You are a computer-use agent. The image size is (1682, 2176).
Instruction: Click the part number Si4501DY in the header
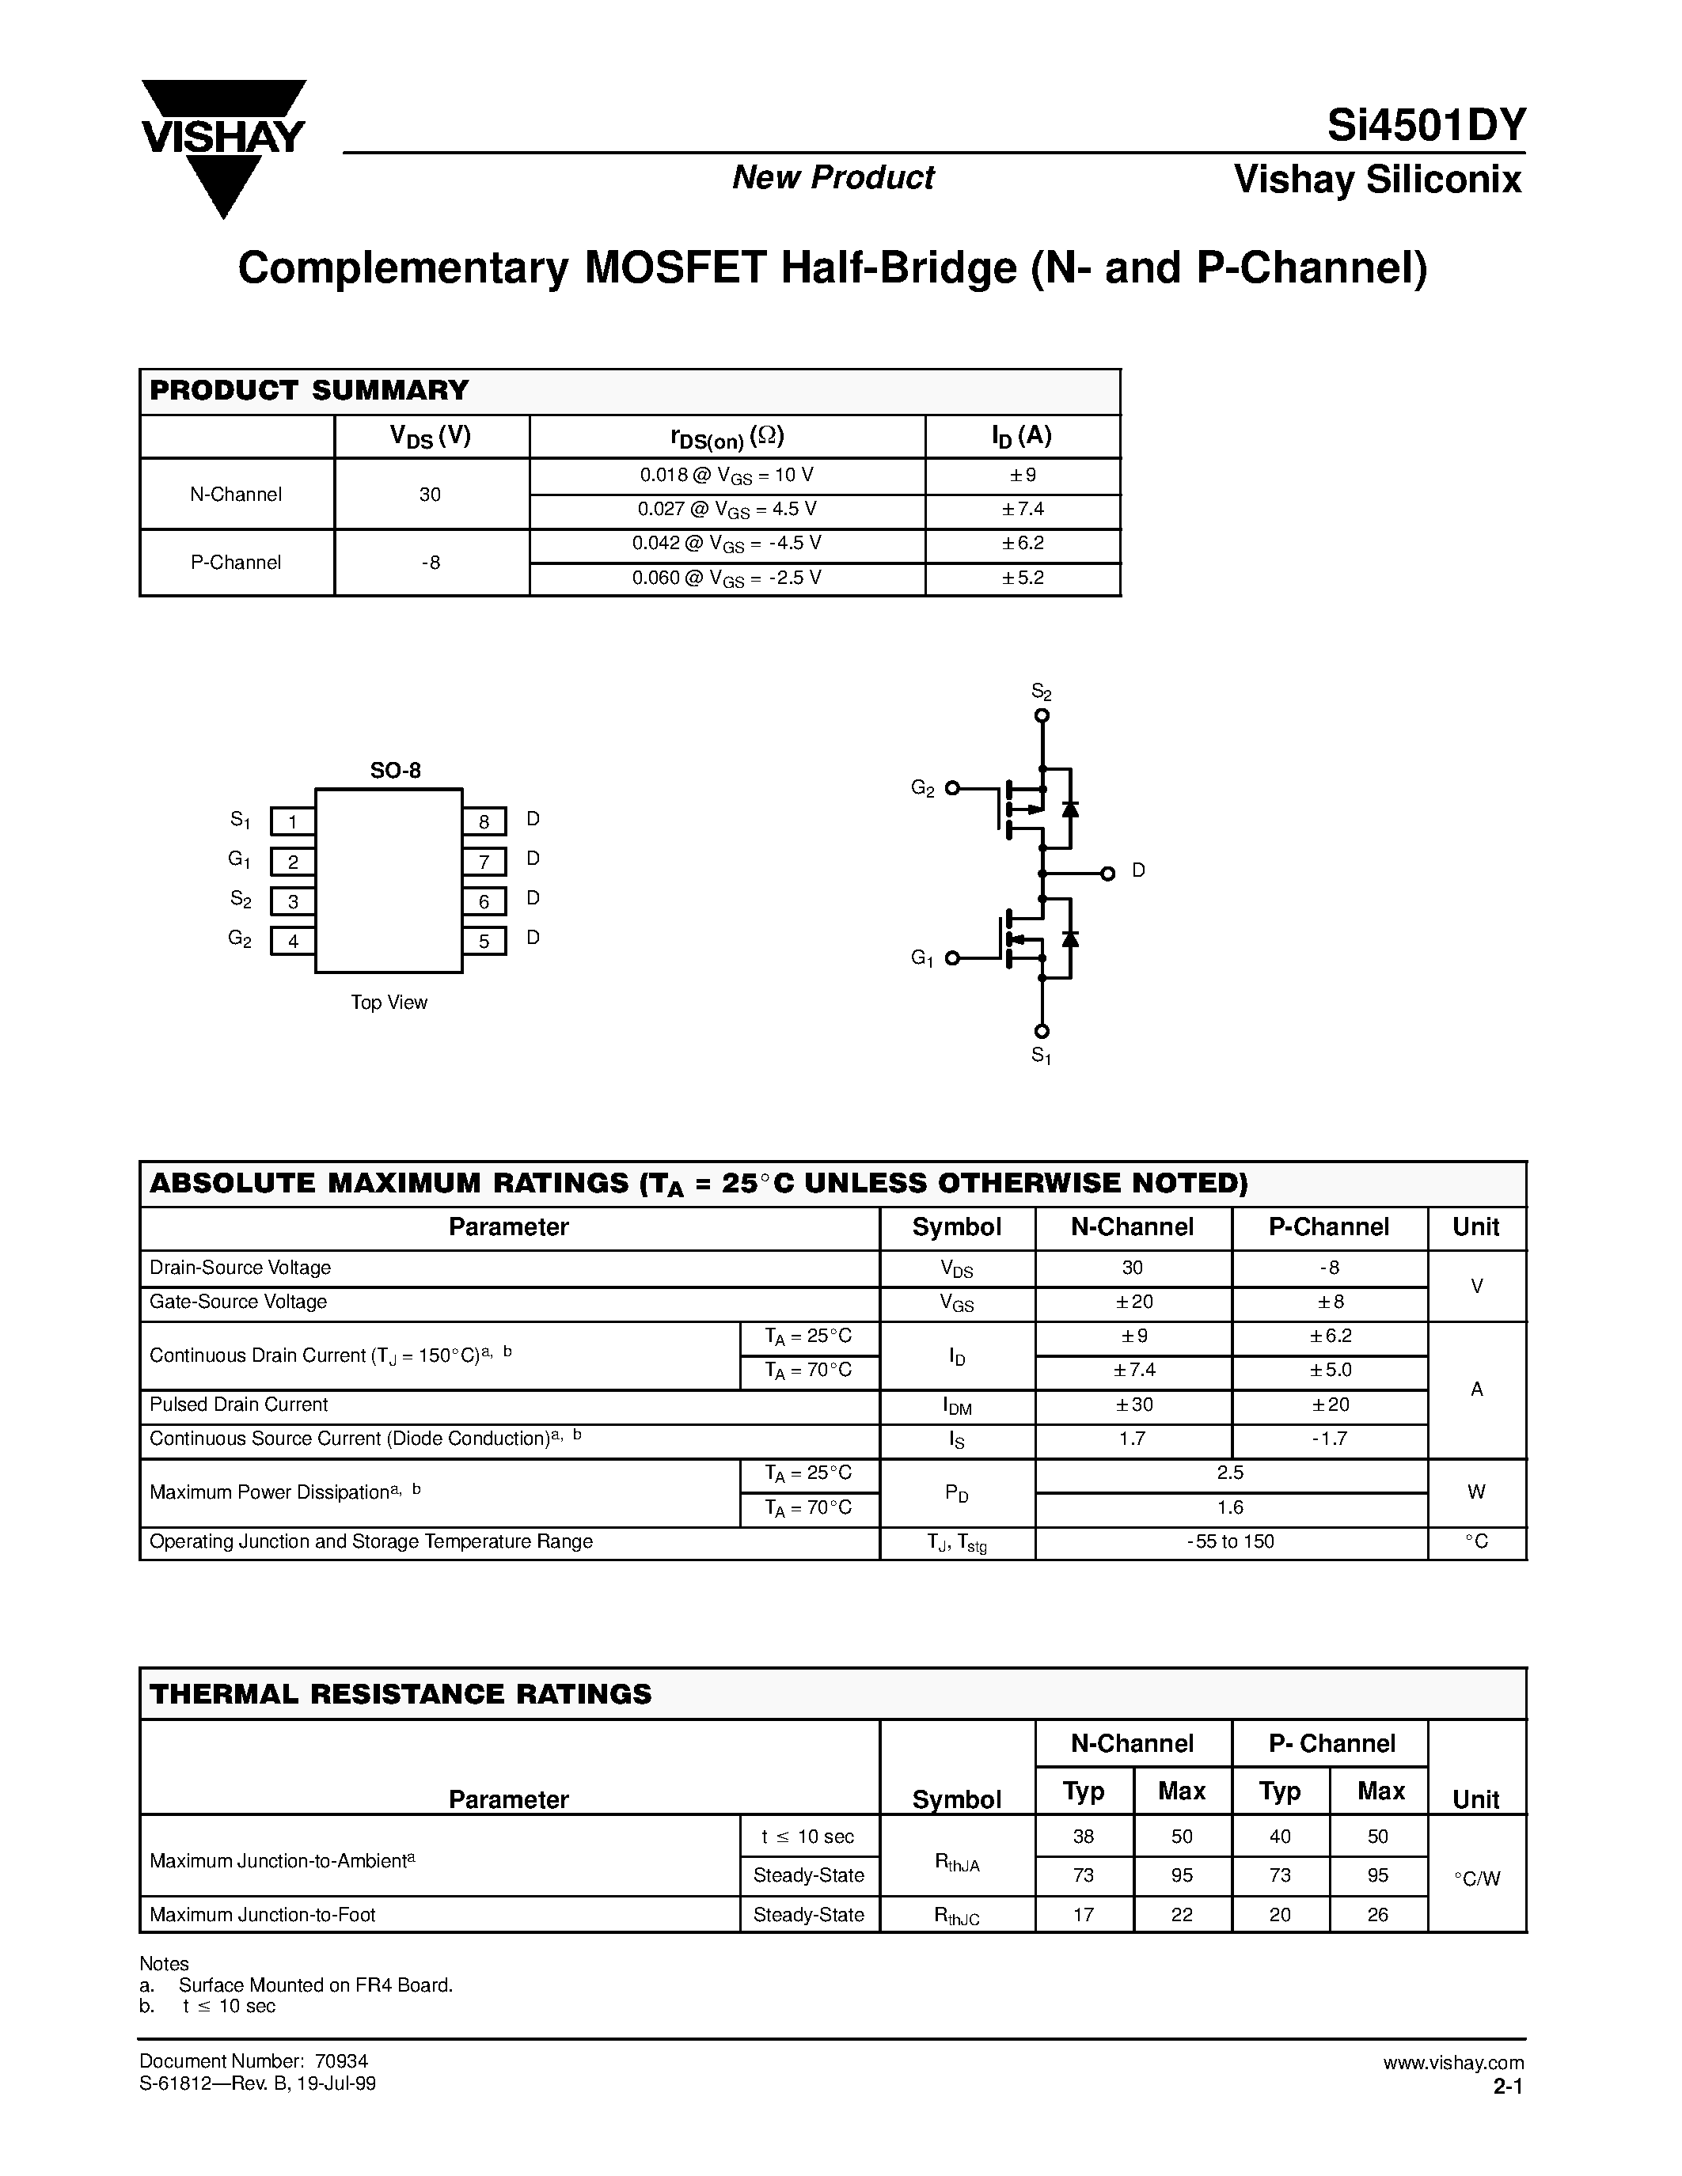(x=1425, y=127)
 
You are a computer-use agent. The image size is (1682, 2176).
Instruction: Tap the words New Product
(x=833, y=177)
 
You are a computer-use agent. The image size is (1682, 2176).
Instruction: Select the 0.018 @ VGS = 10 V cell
(x=727, y=476)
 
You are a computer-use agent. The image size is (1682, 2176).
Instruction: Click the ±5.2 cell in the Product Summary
(x=1023, y=578)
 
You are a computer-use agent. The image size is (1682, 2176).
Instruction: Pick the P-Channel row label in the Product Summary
(x=236, y=562)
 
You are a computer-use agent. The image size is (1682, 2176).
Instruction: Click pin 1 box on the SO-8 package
(x=292, y=821)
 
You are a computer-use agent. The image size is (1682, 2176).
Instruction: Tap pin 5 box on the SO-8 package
(x=484, y=941)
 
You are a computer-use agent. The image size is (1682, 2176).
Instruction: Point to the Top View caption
(x=389, y=1003)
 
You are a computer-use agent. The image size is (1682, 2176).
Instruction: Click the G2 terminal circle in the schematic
(x=951, y=788)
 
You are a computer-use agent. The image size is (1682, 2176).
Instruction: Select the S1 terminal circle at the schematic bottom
(x=1042, y=1031)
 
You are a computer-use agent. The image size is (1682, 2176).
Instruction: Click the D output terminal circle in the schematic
(x=1107, y=874)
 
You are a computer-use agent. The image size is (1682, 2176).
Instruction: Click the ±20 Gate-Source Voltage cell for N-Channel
(x=1132, y=1302)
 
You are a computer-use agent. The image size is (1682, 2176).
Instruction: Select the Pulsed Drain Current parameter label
(x=238, y=1405)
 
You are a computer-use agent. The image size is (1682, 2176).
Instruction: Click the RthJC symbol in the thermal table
(x=957, y=1915)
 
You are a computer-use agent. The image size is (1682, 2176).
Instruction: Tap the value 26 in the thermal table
(x=1378, y=1914)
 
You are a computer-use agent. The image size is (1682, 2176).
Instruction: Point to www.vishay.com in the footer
(x=1452, y=2062)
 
